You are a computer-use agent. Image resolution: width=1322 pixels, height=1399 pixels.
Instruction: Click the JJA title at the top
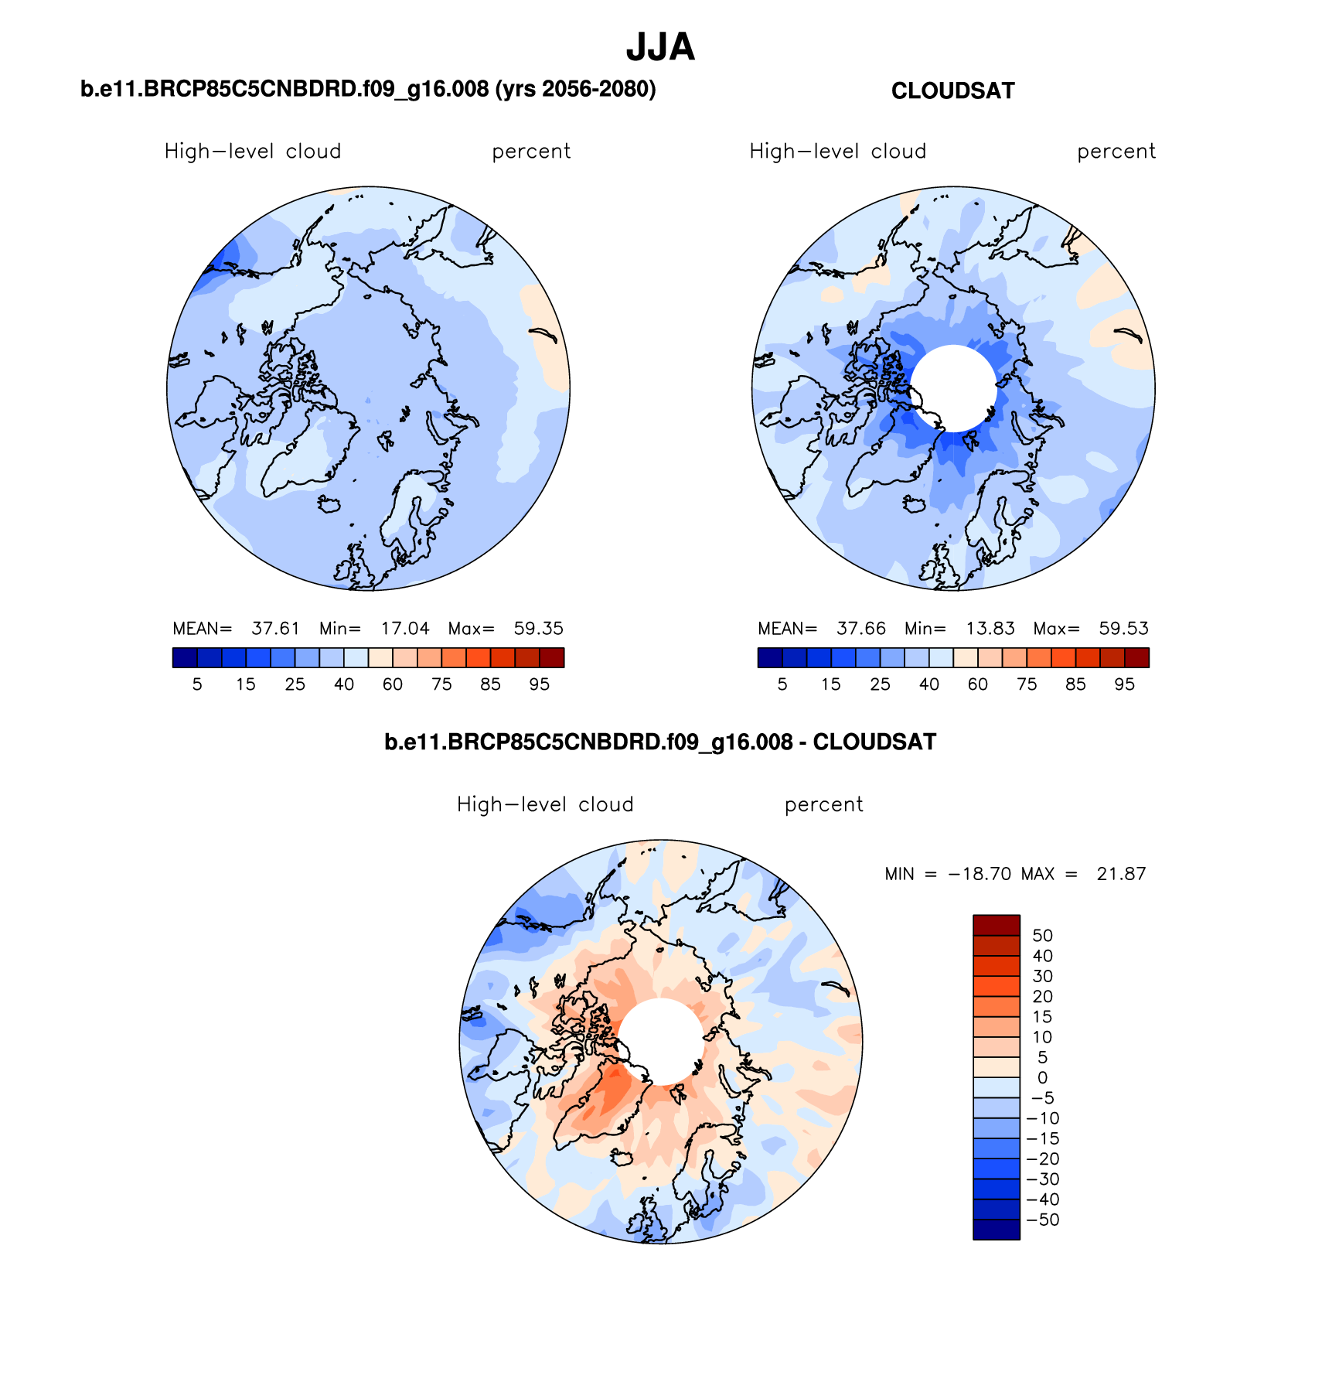click(x=660, y=48)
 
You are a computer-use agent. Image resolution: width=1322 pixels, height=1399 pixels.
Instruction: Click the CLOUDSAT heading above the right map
click(x=952, y=91)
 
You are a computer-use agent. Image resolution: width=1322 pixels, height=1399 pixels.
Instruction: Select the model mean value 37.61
click(x=275, y=629)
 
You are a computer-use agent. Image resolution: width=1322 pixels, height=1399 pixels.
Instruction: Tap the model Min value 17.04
click(x=405, y=629)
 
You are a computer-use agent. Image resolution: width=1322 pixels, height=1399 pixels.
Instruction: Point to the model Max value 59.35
click(x=538, y=629)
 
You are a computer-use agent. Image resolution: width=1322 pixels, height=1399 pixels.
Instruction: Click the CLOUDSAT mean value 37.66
click(x=860, y=629)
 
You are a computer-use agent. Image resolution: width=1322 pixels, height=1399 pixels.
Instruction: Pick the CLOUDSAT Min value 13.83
click(x=990, y=629)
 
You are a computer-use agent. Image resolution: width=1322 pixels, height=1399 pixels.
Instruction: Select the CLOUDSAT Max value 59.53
click(x=1123, y=629)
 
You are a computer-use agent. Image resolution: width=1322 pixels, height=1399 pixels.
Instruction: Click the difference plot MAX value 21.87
click(x=1121, y=875)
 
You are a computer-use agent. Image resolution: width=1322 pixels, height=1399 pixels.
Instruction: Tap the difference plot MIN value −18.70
click(x=980, y=875)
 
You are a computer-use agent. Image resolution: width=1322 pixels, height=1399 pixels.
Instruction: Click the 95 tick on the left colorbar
click(x=540, y=684)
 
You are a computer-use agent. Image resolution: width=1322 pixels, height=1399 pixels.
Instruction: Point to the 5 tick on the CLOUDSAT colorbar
click(x=782, y=684)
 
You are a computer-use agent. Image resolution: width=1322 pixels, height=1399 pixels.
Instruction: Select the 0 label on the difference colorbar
click(x=1042, y=1078)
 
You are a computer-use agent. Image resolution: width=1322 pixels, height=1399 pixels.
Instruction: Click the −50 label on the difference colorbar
click(x=1042, y=1220)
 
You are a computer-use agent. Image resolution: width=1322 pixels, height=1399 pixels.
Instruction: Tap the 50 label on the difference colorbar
click(x=1042, y=936)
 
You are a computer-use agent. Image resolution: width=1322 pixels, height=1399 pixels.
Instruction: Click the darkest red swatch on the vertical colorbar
click(x=996, y=925)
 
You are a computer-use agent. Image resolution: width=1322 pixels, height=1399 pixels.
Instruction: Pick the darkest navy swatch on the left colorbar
click(x=185, y=658)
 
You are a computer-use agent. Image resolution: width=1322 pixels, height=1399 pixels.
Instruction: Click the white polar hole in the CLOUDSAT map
click(x=953, y=388)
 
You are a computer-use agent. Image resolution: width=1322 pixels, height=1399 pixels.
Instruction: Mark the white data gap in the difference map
click(x=661, y=1041)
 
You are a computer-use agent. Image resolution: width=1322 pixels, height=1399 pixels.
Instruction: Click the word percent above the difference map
click(x=823, y=805)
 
